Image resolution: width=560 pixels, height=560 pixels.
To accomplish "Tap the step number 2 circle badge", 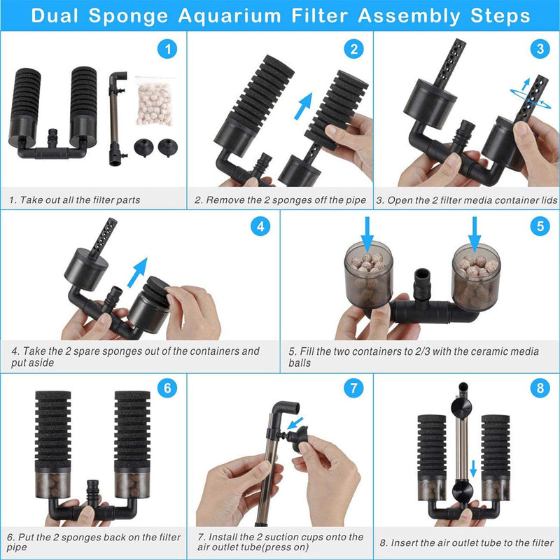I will [353, 49].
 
